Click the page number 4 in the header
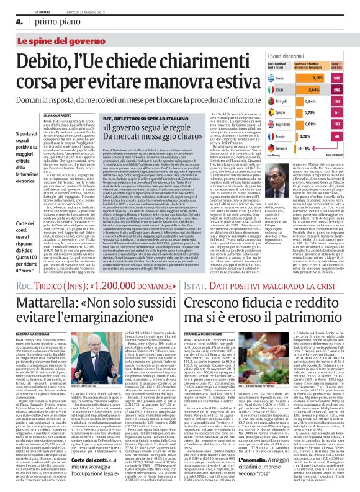[x=11, y=21]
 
